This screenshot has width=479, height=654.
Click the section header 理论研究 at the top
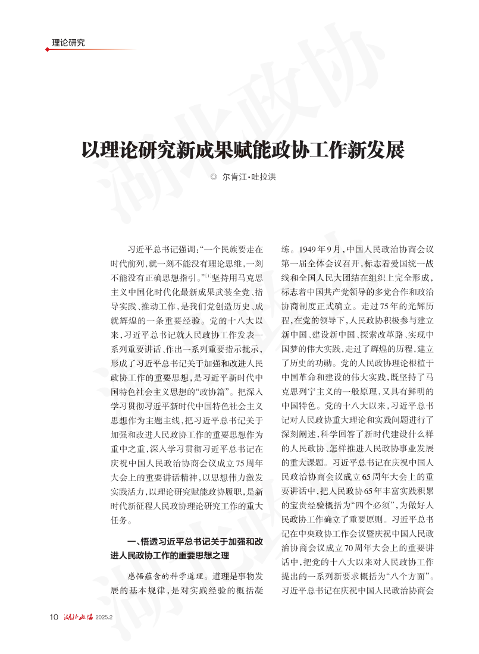(68, 43)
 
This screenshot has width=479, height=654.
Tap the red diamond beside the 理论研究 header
(48, 49)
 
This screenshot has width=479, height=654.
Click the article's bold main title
(243, 150)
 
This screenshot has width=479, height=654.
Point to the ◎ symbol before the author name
(214, 177)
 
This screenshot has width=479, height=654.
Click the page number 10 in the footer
(54, 617)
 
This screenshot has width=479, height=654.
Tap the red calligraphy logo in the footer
(79, 617)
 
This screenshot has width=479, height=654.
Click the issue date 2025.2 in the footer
(104, 617)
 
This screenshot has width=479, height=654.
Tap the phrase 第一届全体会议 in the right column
(315, 263)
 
